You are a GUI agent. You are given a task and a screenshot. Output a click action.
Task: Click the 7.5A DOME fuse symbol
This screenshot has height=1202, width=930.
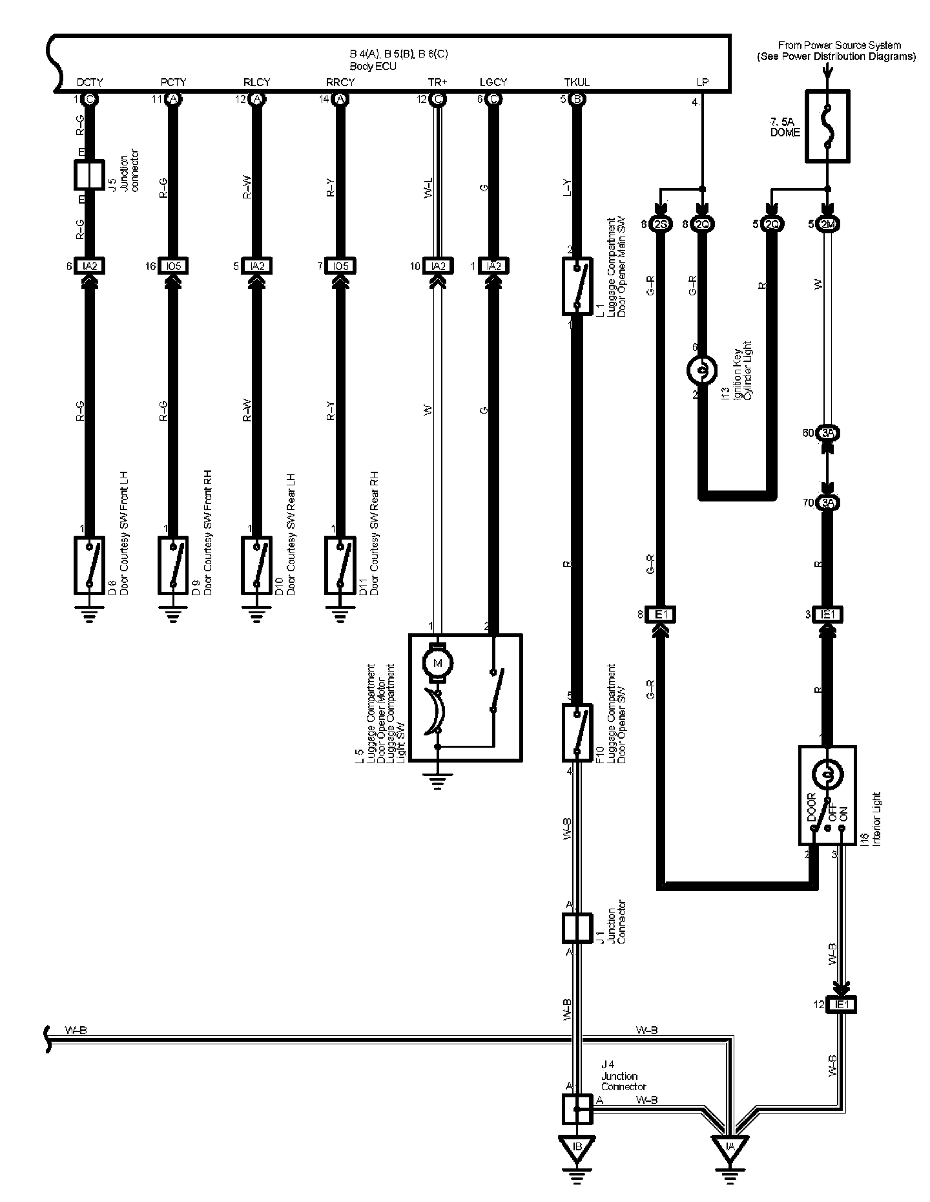(827, 126)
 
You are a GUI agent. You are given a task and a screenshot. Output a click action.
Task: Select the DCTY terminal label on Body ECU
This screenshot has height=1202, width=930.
(90, 82)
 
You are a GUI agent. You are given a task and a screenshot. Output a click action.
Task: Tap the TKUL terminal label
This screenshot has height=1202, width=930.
(576, 82)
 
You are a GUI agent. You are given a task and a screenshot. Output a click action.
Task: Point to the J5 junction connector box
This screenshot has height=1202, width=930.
(89, 174)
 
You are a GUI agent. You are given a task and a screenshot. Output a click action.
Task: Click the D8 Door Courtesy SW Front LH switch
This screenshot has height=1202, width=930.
(89, 565)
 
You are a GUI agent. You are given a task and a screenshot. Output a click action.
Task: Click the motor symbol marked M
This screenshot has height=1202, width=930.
(438, 662)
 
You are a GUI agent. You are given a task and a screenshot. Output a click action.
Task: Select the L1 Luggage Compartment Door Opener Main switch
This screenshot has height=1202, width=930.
(577, 287)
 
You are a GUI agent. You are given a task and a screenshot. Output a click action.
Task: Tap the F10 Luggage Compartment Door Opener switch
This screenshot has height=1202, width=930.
(577, 733)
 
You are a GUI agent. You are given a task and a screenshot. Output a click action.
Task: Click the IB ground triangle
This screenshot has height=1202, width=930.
(577, 1146)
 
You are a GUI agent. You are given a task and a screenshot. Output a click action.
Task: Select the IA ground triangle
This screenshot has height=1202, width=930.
(730, 1146)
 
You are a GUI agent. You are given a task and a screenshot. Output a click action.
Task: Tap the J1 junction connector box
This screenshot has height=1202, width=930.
(577, 928)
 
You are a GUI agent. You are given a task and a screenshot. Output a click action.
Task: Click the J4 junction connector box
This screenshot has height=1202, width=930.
(577, 1109)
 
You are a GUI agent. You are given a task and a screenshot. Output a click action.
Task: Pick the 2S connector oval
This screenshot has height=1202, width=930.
(661, 225)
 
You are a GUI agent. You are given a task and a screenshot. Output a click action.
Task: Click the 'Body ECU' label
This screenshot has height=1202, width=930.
(373, 67)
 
